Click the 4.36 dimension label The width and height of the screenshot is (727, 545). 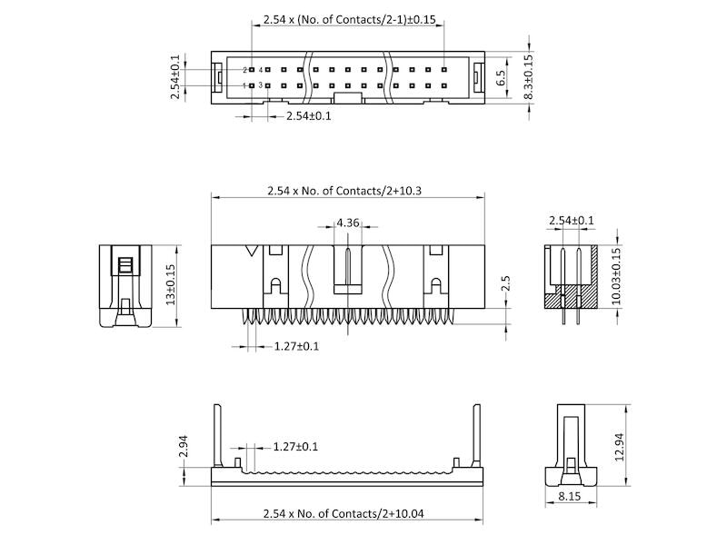coord(347,223)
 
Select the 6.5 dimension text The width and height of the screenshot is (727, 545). coord(501,78)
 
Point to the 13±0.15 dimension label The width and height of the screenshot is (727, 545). coord(170,284)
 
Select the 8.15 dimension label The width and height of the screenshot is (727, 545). coord(569,497)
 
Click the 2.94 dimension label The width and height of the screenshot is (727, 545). coord(183,446)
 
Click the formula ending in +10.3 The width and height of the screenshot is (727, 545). coord(346,191)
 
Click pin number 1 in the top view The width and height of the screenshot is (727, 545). coord(245,85)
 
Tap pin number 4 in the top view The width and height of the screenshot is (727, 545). coord(261,69)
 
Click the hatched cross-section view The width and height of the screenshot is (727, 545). coord(570,277)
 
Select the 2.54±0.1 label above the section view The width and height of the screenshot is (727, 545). coord(571,221)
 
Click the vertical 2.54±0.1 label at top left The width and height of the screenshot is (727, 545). coord(175,77)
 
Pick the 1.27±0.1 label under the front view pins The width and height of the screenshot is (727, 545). coord(296,346)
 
